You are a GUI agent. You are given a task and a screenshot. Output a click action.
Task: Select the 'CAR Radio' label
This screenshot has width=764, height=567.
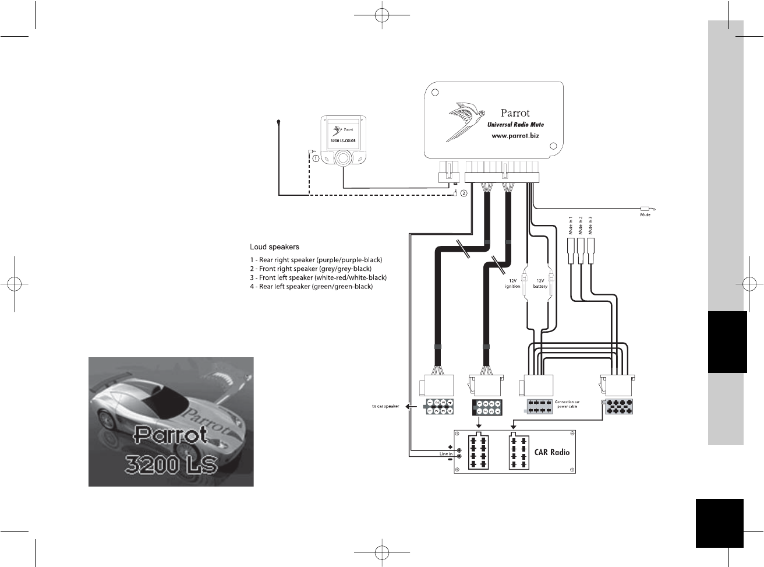click(551, 452)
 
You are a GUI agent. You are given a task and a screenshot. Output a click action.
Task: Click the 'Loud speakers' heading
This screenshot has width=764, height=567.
click(274, 247)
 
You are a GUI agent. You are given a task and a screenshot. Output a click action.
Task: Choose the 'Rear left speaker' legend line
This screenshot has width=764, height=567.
click(312, 287)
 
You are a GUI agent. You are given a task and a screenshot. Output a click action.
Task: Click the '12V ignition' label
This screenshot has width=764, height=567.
click(512, 283)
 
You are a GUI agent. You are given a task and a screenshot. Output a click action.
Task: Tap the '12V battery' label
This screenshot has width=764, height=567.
click(540, 283)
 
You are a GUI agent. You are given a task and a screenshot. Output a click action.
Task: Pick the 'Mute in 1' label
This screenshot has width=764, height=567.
click(571, 226)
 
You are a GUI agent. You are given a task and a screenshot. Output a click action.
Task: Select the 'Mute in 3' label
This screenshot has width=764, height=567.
click(590, 226)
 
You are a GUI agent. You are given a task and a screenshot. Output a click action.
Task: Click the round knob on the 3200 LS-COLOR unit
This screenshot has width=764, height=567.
click(343, 157)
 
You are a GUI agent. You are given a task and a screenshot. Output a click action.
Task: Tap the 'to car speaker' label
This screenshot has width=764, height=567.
click(385, 406)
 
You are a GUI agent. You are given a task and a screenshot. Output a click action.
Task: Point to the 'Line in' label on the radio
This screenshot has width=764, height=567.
click(446, 454)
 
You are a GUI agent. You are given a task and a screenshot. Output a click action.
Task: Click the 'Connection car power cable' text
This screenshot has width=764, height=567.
click(567, 404)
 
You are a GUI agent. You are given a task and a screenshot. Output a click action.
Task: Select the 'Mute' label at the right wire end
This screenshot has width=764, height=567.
click(645, 215)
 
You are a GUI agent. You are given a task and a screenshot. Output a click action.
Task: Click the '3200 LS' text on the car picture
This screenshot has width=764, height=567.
click(171, 464)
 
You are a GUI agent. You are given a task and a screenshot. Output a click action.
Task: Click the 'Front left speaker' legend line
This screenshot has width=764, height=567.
click(319, 278)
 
